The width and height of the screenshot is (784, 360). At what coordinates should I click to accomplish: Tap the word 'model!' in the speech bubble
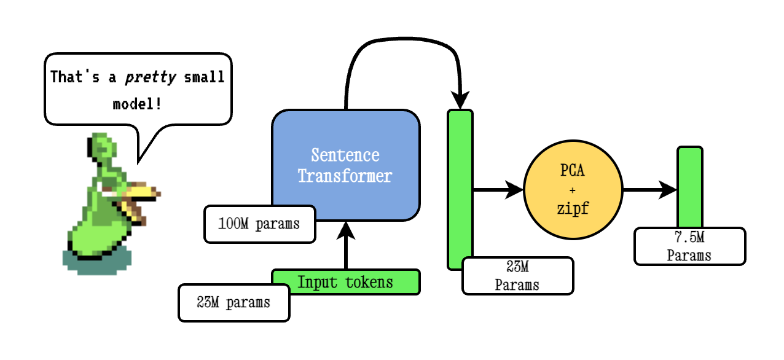[138, 103]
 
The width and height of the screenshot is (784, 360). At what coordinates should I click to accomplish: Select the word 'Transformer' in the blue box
[345, 176]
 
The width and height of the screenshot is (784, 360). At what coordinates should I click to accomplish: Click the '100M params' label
[259, 224]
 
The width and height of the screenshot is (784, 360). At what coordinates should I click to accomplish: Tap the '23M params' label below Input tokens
[233, 303]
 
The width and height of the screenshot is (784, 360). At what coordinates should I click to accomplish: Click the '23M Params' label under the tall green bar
[517, 275]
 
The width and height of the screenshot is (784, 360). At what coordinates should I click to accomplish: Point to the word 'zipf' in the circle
[573, 208]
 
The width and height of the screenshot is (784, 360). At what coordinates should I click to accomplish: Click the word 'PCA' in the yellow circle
[573, 171]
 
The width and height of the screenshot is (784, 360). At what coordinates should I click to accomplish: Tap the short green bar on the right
[689, 184]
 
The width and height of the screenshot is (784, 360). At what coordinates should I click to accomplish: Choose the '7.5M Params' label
[689, 246]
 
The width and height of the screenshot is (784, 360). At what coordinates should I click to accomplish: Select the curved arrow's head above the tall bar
[460, 98]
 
